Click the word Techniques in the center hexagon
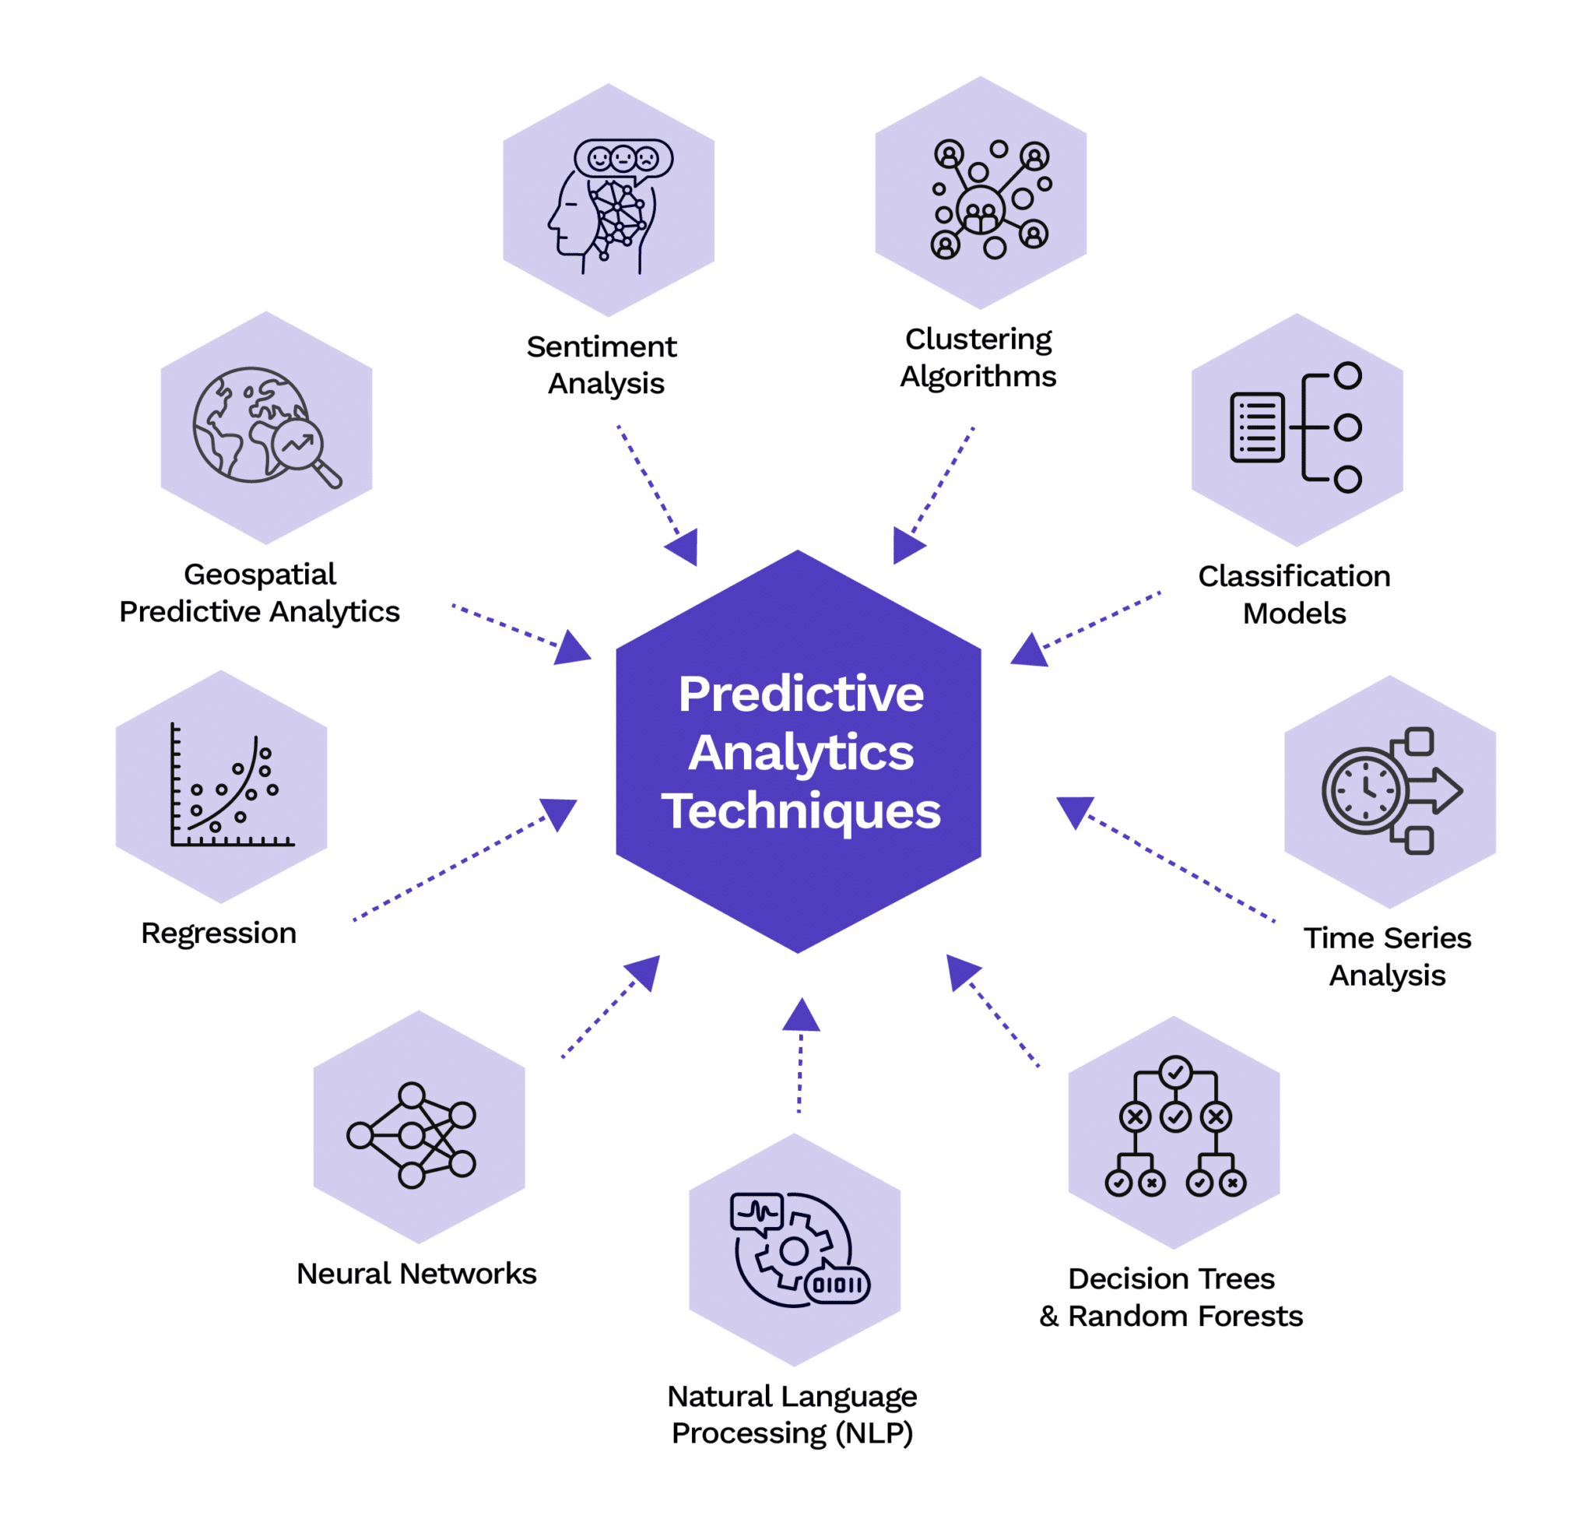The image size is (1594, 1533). tap(800, 811)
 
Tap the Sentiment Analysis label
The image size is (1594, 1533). tap(602, 364)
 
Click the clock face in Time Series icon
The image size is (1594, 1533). tap(1365, 790)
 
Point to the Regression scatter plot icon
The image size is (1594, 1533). tap(230, 786)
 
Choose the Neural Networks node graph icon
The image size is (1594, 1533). tap(412, 1135)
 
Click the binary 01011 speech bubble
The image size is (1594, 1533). tap(837, 1285)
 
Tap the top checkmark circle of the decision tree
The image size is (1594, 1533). tap(1175, 1072)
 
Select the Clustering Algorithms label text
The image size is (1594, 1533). tap(978, 357)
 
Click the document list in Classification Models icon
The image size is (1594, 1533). tap(1257, 427)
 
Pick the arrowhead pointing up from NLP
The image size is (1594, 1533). tap(801, 1016)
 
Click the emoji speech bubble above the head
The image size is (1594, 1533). tap(623, 158)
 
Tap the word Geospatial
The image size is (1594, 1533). tap(259, 575)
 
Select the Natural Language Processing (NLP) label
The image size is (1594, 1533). tap(792, 1413)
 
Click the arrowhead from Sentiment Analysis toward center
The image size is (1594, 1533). tap(684, 547)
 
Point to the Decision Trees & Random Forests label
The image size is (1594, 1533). tap(1171, 1297)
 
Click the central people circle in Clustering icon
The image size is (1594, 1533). tap(980, 210)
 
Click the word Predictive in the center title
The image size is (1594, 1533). tap(801, 694)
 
